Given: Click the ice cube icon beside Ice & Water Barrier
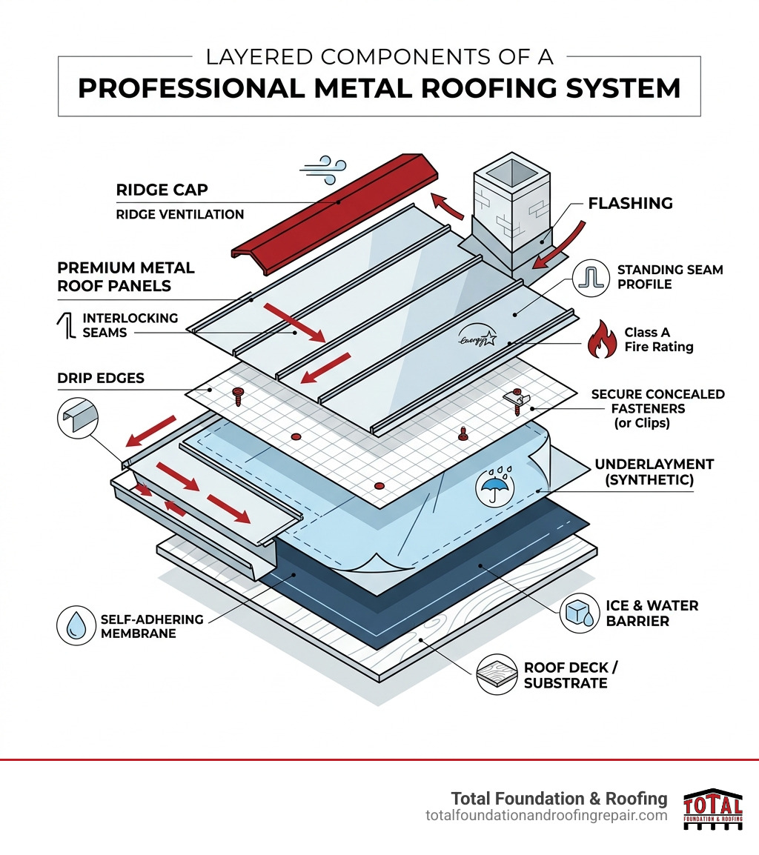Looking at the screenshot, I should tap(579, 613).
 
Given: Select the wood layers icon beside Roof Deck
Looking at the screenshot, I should tap(496, 674).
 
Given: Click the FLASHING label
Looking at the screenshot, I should tap(630, 203).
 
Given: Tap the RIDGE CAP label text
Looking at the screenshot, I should tap(162, 190).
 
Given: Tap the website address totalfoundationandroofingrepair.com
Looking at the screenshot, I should tap(546, 815).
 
